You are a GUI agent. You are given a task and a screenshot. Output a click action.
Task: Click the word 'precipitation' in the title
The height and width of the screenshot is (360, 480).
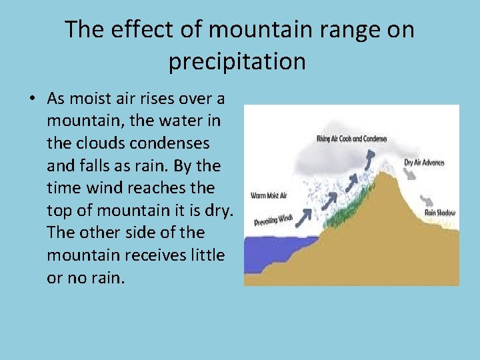pyautogui.click(x=237, y=61)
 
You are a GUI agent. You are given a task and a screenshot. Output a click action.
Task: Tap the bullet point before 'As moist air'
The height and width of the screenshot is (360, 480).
pyautogui.click(x=32, y=99)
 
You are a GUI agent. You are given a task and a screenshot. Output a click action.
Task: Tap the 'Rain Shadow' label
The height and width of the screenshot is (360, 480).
pyautogui.click(x=440, y=213)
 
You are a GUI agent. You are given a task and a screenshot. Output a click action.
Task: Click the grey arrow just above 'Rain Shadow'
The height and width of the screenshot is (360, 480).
pyautogui.click(x=425, y=199)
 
